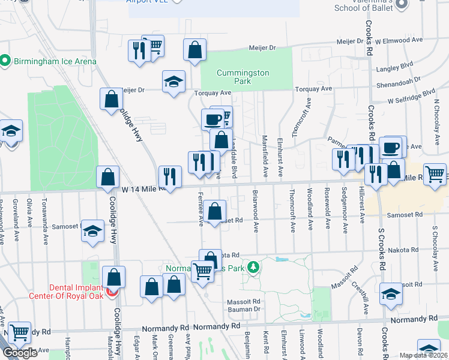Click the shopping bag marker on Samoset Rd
coord(214,211)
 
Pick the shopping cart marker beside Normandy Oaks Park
coord(203,271)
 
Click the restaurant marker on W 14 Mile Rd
coord(170,176)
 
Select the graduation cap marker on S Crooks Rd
coord(391,293)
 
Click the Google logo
coord(20,353)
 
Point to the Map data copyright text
coord(424,355)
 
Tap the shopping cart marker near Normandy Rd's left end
coord(20,331)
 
